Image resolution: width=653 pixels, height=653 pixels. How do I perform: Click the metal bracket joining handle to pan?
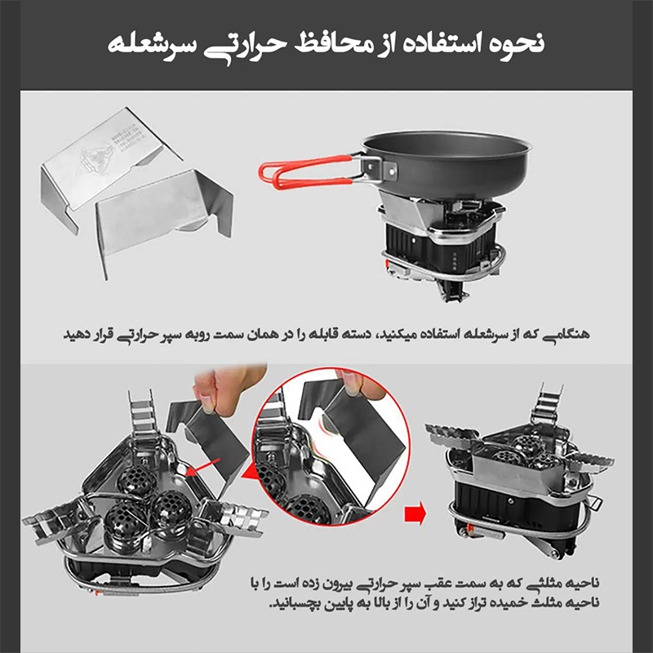tap(376, 167)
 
